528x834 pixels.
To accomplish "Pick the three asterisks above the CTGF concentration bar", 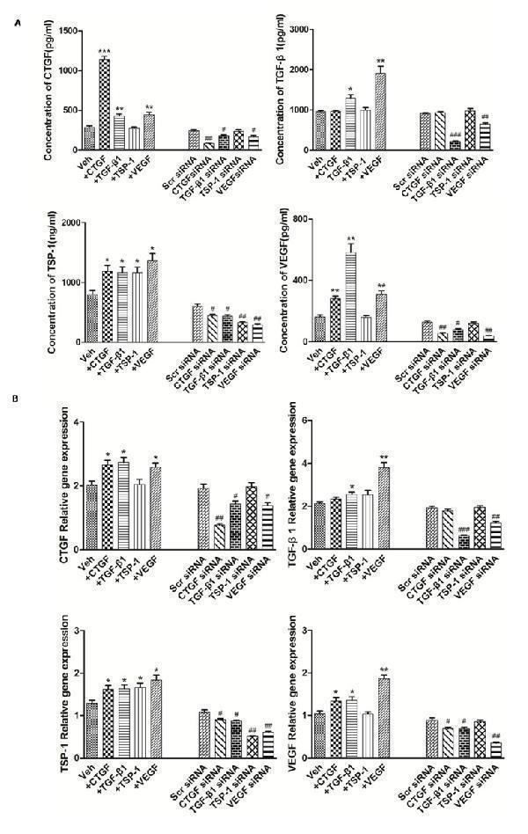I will pyautogui.click(x=105, y=51).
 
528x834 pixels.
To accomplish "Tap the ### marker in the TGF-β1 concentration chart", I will pyautogui.click(x=454, y=134).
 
